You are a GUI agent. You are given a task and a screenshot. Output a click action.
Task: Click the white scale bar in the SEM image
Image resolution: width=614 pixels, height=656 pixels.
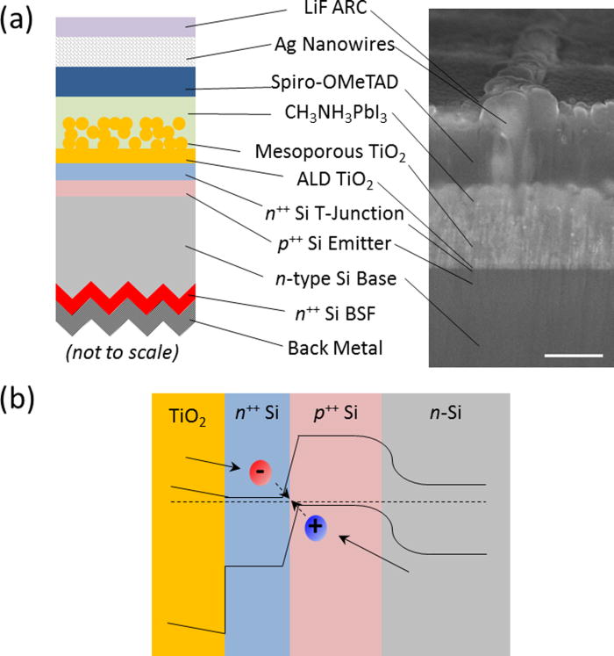573,356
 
